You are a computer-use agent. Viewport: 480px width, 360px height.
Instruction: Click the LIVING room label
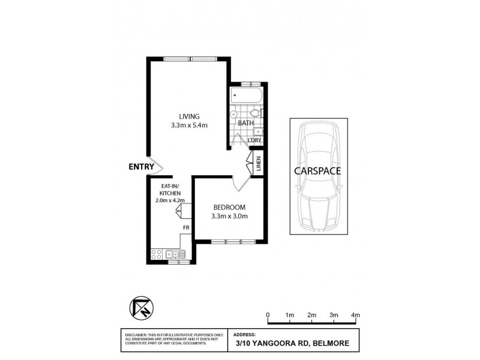(188, 116)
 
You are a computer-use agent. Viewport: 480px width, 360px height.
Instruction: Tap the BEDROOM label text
(229, 207)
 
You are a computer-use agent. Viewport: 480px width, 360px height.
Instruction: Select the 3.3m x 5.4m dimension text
(188, 125)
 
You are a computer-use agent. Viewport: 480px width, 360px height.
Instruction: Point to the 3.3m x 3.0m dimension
(229, 217)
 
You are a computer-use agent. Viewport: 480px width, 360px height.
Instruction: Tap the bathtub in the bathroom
(245, 96)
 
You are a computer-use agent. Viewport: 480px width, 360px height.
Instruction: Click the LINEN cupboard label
(259, 164)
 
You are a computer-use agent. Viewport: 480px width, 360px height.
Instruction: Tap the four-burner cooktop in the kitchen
(158, 254)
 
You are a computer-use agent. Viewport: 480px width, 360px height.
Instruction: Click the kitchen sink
(173, 254)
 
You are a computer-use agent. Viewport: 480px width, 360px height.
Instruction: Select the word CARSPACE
(317, 170)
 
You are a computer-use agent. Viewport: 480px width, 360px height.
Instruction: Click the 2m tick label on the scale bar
(311, 315)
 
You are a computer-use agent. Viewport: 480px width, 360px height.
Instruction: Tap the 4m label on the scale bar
(355, 315)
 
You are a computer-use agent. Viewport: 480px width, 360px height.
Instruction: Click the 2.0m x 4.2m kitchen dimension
(169, 200)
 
